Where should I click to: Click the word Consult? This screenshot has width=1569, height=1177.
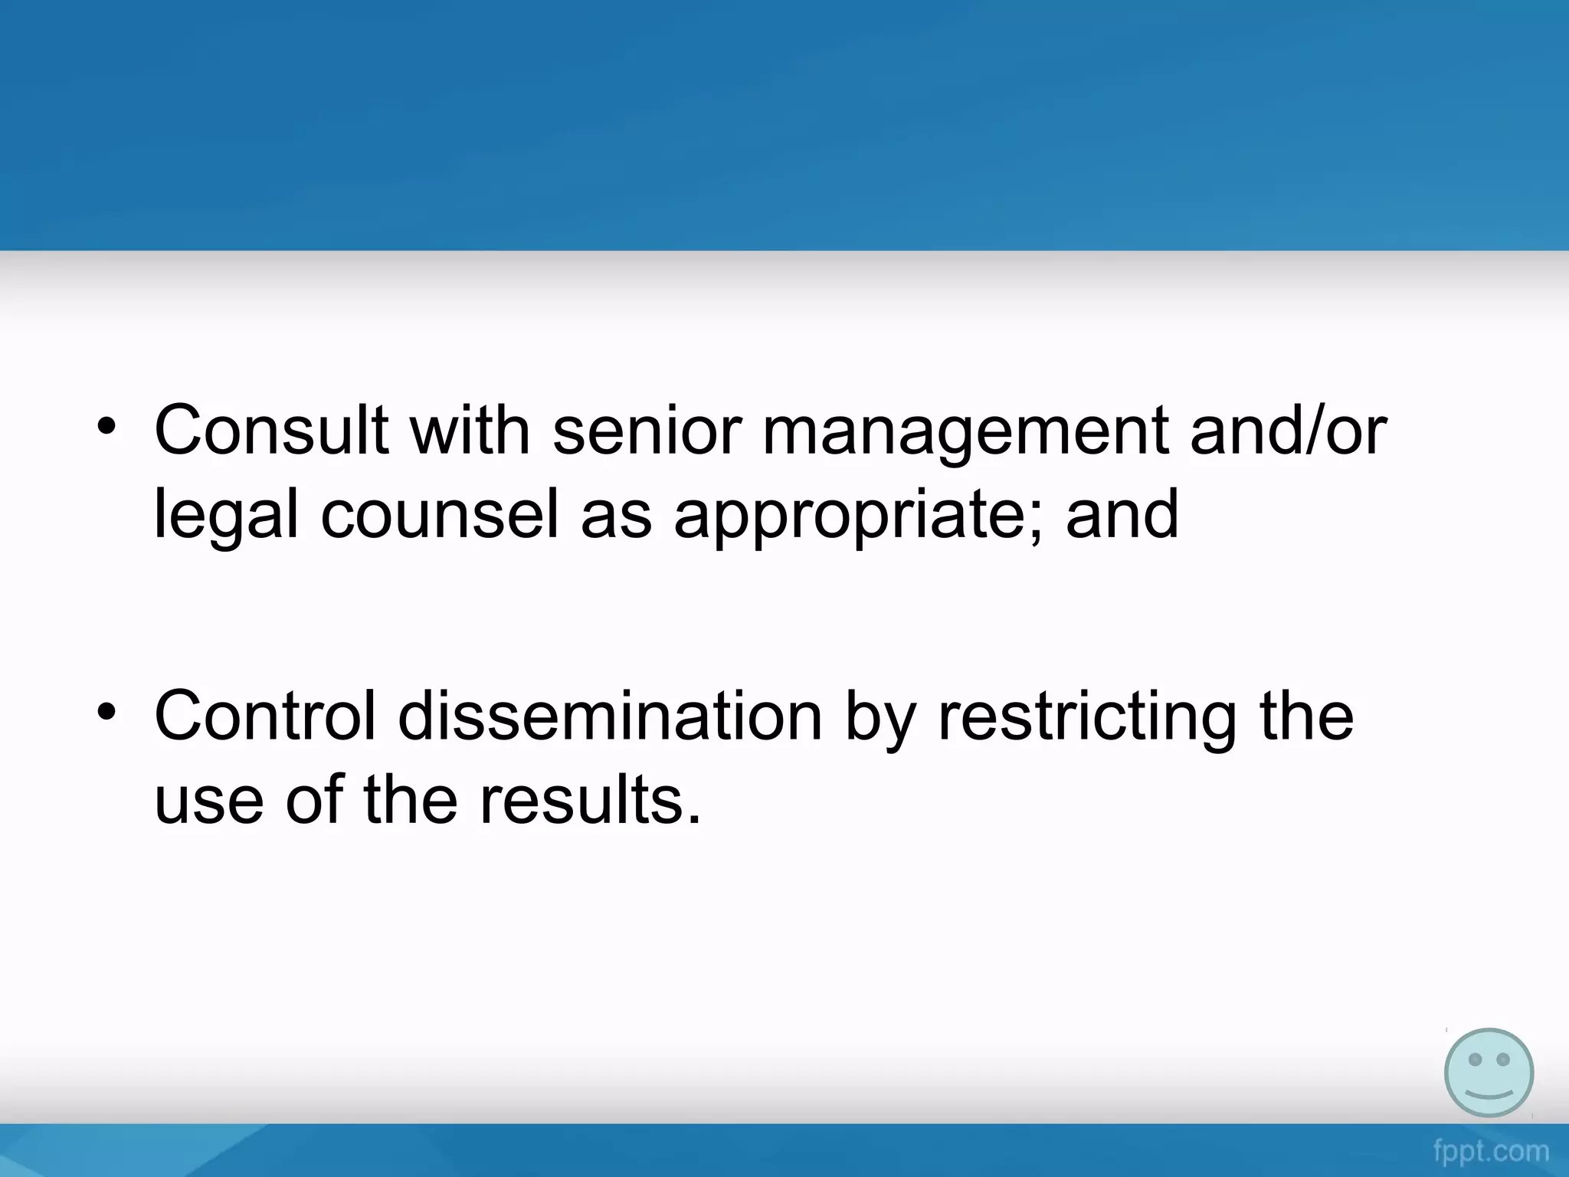pos(270,431)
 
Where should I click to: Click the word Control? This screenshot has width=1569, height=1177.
pos(265,716)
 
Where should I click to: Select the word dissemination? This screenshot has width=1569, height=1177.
pos(610,716)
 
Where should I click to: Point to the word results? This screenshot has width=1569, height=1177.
pos(590,801)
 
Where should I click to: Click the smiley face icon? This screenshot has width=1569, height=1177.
pos(1489,1073)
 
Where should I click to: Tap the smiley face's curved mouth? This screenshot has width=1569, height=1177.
pos(1489,1091)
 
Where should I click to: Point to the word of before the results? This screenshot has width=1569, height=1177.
pos(315,801)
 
